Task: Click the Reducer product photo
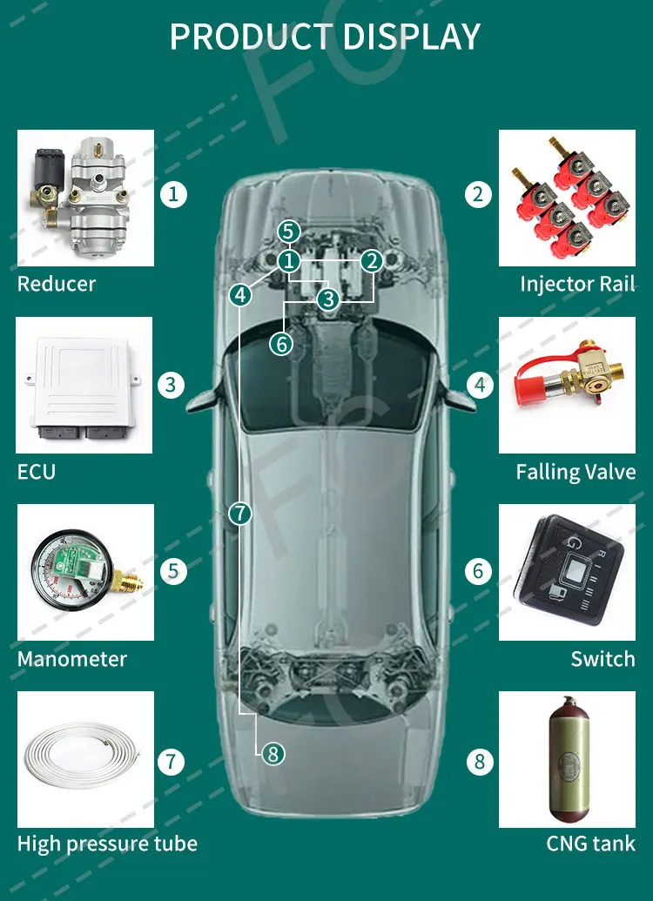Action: pos(85,198)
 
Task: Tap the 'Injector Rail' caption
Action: pos(576,284)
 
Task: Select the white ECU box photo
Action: pos(84,386)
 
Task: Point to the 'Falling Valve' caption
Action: pos(576,472)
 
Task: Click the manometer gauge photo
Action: pos(85,572)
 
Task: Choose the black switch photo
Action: pos(567,572)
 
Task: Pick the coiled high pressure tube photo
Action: pos(85,759)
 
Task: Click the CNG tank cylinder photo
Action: pos(567,760)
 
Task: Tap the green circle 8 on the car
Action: pos(273,754)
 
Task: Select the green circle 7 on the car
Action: pos(240,513)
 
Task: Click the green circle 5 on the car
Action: pos(289,232)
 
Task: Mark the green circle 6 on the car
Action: pos(280,344)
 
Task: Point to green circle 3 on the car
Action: pos(327,299)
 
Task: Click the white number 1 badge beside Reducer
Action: pos(174,193)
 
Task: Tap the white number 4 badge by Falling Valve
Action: pos(479,384)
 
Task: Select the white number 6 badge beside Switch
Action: pos(479,572)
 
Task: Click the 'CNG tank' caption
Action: pos(590,844)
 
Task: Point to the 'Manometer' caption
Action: pos(71,659)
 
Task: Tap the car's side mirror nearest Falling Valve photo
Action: pos(454,398)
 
